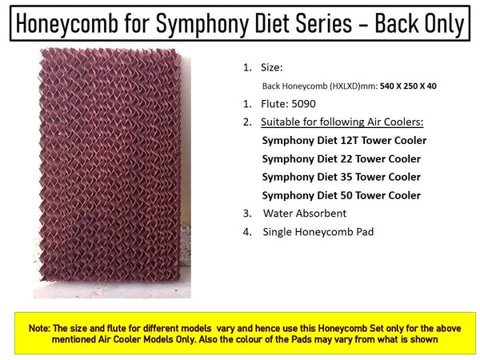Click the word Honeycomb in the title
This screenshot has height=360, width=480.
pyautogui.click(x=66, y=23)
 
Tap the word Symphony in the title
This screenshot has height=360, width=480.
pyautogui.click(x=202, y=23)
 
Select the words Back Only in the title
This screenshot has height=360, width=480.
pyautogui.click(x=419, y=23)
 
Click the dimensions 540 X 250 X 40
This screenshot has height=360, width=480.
pyautogui.click(x=408, y=86)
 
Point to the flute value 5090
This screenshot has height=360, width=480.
pyautogui.click(x=303, y=104)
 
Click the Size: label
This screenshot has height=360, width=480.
pyautogui.click(x=272, y=68)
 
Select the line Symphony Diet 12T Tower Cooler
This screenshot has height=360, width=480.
pyautogui.click(x=344, y=141)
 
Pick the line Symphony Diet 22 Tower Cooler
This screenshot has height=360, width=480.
pyautogui.click(x=342, y=159)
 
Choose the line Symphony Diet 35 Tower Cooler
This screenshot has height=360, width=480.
pyautogui.click(x=342, y=177)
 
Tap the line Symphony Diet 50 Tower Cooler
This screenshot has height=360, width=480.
pyautogui.click(x=342, y=195)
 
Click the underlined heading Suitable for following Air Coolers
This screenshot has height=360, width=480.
pyautogui.click(x=342, y=122)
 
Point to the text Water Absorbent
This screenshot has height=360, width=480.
pyautogui.click(x=305, y=214)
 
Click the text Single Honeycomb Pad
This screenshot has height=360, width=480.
pyautogui.click(x=318, y=232)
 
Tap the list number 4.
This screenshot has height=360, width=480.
pyautogui.click(x=247, y=232)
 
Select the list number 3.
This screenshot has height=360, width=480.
pyautogui.click(x=247, y=214)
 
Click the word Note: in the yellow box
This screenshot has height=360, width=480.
pyautogui.click(x=39, y=329)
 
